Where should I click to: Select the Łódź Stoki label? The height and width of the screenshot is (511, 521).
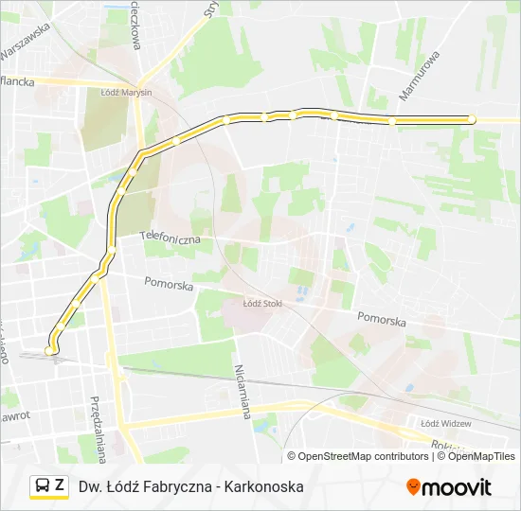(x=263, y=304)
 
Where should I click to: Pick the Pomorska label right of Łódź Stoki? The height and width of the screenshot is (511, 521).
(x=382, y=321)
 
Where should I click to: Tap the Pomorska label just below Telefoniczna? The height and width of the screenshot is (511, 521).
(x=169, y=284)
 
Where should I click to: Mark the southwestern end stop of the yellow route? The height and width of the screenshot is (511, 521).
(x=50, y=350)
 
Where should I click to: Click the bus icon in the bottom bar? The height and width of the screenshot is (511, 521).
(x=43, y=486)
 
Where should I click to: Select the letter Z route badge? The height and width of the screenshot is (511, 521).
(x=60, y=486)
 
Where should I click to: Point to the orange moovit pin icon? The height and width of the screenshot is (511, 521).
(x=413, y=487)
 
